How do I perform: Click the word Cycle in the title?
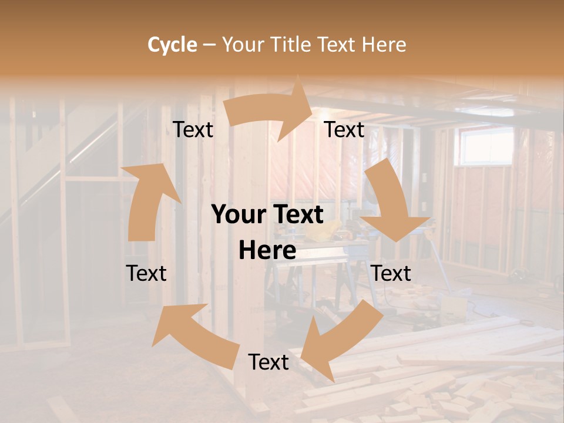172,45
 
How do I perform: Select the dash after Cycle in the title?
209,45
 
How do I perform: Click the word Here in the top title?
384,45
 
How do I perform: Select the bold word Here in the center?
267,251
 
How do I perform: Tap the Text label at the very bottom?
268,362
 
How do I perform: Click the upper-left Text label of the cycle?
193,130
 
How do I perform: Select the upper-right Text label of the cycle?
344,130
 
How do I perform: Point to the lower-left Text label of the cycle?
146,273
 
